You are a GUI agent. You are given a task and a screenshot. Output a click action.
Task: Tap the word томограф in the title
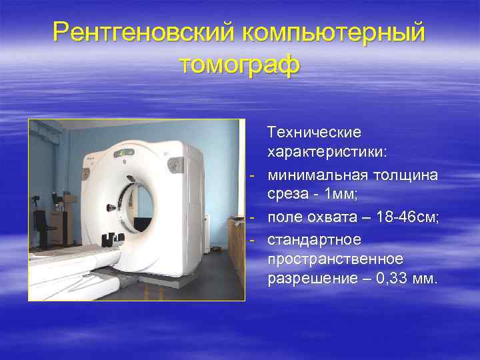tap(240, 65)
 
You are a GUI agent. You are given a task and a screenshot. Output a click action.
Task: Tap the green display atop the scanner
tap(124, 153)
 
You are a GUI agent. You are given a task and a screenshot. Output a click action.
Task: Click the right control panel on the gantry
tap(177, 163)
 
